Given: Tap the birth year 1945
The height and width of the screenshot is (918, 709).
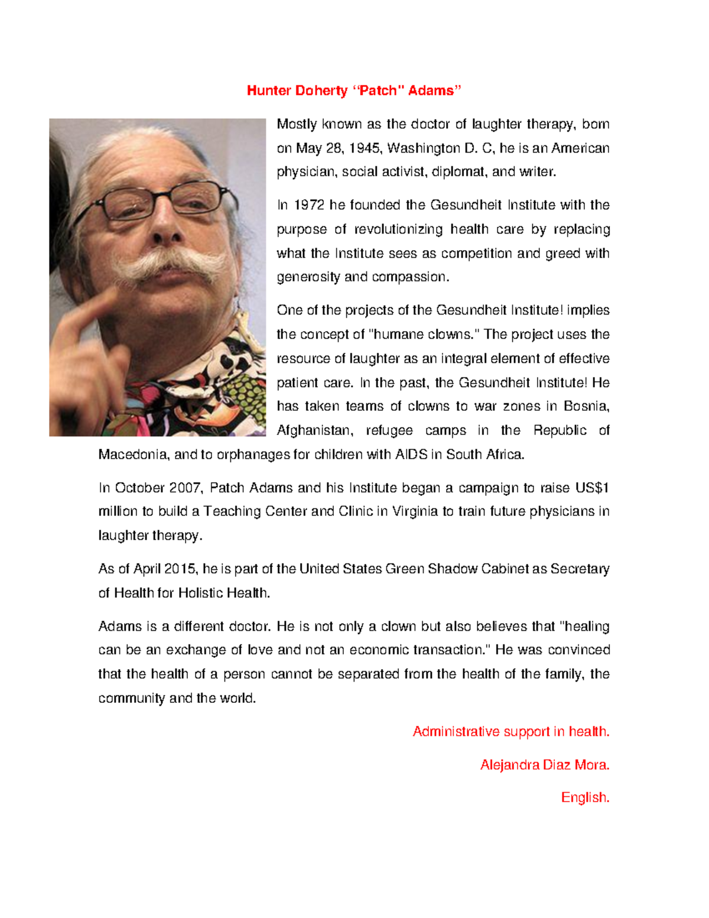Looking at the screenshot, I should point(365,148).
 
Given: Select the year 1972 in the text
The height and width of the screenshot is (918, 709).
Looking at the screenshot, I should point(309,205).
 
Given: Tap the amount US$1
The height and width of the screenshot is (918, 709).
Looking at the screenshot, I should point(591,488).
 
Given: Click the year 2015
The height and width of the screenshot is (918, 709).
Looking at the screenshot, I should point(181,569).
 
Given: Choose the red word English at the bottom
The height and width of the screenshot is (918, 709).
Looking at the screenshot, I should point(584,798).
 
